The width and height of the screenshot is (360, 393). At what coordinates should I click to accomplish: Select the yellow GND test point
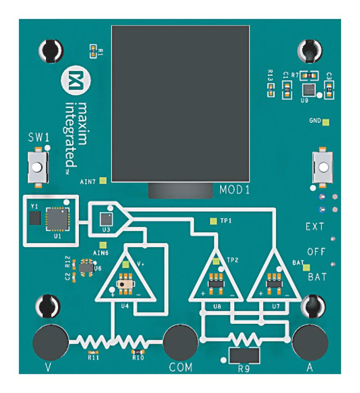[x=326, y=122]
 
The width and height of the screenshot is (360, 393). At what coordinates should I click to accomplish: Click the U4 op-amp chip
[x=125, y=283]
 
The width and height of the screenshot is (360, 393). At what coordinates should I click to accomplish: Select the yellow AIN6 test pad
[x=103, y=245]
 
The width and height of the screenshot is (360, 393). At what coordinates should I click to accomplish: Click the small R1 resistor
[x=93, y=51]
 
